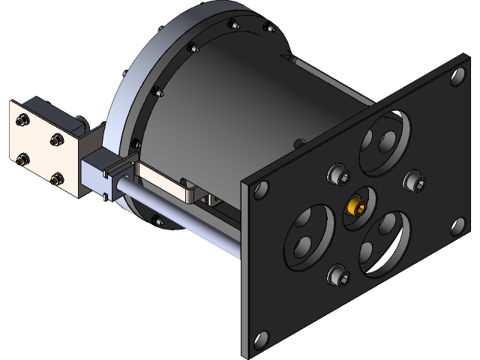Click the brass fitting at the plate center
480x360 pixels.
356,205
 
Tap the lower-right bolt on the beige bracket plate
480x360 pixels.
57,178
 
